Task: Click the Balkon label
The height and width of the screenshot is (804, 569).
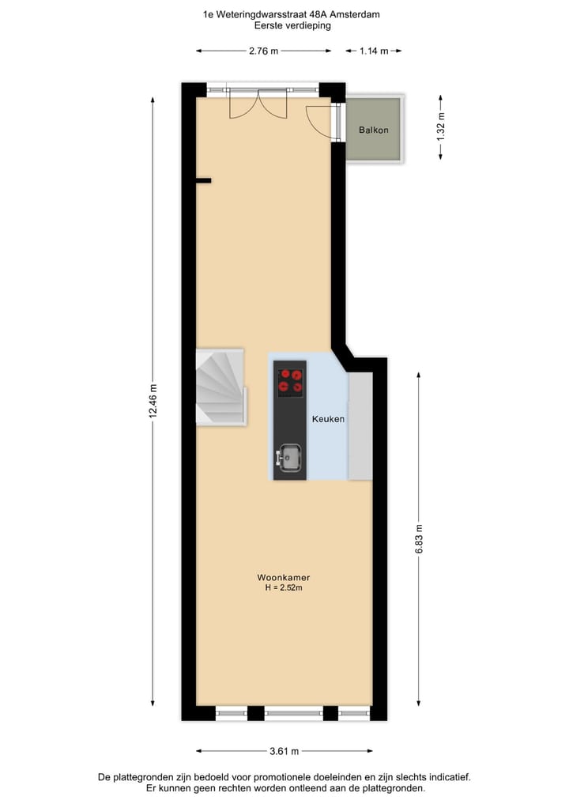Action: coord(373,130)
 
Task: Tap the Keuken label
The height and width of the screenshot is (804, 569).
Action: coord(328,419)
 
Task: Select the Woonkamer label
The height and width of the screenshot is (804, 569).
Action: coord(283,577)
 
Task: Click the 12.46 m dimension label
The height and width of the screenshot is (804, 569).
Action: coord(153,403)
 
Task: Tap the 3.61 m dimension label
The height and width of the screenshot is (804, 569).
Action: coord(284,751)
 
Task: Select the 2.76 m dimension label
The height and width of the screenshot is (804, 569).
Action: coord(264,51)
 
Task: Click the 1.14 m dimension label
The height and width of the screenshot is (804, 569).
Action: coord(374,51)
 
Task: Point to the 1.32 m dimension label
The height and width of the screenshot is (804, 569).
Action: coord(441,127)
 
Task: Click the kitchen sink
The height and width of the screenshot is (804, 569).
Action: coord(289,455)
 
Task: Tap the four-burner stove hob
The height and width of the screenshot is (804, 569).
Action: coord(290,381)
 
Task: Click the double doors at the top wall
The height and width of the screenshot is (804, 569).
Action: coord(258,104)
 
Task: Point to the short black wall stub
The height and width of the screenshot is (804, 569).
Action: coord(203,181)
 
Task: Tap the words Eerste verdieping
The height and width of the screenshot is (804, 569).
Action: coord(292,25)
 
